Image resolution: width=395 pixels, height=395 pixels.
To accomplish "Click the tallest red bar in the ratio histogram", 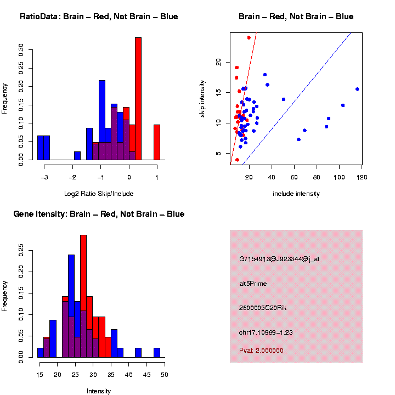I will point(138,99).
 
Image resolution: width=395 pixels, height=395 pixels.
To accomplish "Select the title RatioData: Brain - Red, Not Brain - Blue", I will point(99,16).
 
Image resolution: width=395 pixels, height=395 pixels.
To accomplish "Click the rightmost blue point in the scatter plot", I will point(357,89).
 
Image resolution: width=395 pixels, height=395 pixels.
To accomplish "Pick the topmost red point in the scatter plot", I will point(249,38).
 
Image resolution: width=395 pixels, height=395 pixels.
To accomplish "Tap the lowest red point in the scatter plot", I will point(237,160).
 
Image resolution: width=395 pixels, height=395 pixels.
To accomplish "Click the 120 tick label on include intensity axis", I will point(362,177).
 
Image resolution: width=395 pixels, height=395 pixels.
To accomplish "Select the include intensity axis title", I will point(296,194).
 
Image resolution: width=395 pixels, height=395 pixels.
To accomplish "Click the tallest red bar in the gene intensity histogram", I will point(83,296).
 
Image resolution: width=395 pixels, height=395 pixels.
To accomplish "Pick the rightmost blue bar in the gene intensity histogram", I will point(157,353).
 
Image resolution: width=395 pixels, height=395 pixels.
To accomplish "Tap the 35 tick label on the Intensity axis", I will point(111,375).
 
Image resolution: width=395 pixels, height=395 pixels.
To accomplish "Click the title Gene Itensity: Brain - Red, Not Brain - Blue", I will point(99,214).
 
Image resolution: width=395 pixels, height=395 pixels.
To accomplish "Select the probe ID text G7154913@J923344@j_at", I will point(279,259).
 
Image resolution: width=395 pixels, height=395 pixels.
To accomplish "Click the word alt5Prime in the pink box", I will point(253,284).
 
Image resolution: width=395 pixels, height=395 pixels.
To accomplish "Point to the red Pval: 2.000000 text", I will point(261,351).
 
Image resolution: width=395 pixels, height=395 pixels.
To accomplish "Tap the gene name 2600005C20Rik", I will point(263,308).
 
